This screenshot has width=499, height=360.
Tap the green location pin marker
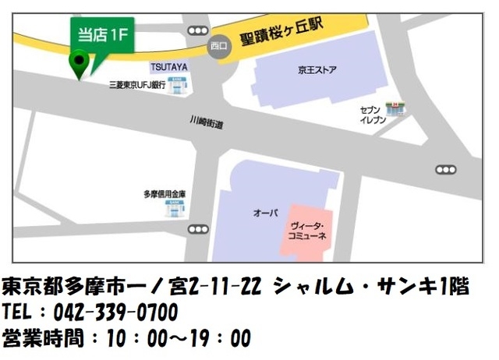[x=78, y=62]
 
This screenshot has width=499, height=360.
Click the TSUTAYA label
[x=168, y=68]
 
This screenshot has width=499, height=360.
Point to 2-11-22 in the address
[x=226, y=287]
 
